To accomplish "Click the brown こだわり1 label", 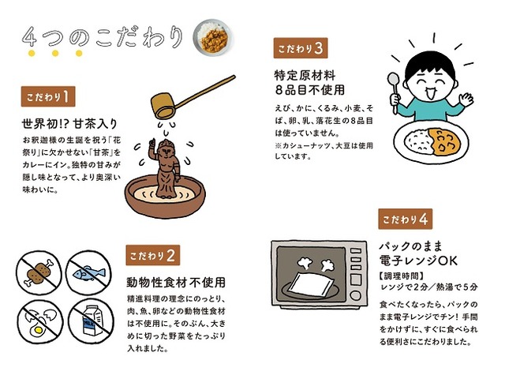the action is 48,96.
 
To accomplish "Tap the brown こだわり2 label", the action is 152,255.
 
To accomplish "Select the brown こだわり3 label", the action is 301,48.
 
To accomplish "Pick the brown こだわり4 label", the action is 405,220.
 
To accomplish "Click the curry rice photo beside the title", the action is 212,37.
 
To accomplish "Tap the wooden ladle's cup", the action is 163,106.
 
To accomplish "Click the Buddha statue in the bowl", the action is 165,168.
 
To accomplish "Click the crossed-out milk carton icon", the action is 92,321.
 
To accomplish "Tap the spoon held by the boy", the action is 394,93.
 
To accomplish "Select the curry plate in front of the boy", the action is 432,142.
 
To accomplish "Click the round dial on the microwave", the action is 356,295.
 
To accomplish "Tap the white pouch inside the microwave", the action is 310,283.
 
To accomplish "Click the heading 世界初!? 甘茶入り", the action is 69,124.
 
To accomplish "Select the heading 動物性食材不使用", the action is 176,283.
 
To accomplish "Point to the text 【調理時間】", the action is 402,276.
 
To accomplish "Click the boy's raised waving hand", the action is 466,98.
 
